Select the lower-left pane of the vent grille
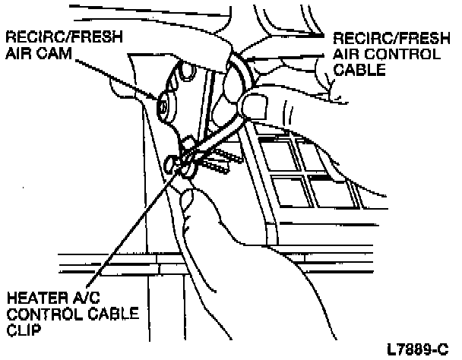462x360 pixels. click(291, 191)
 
